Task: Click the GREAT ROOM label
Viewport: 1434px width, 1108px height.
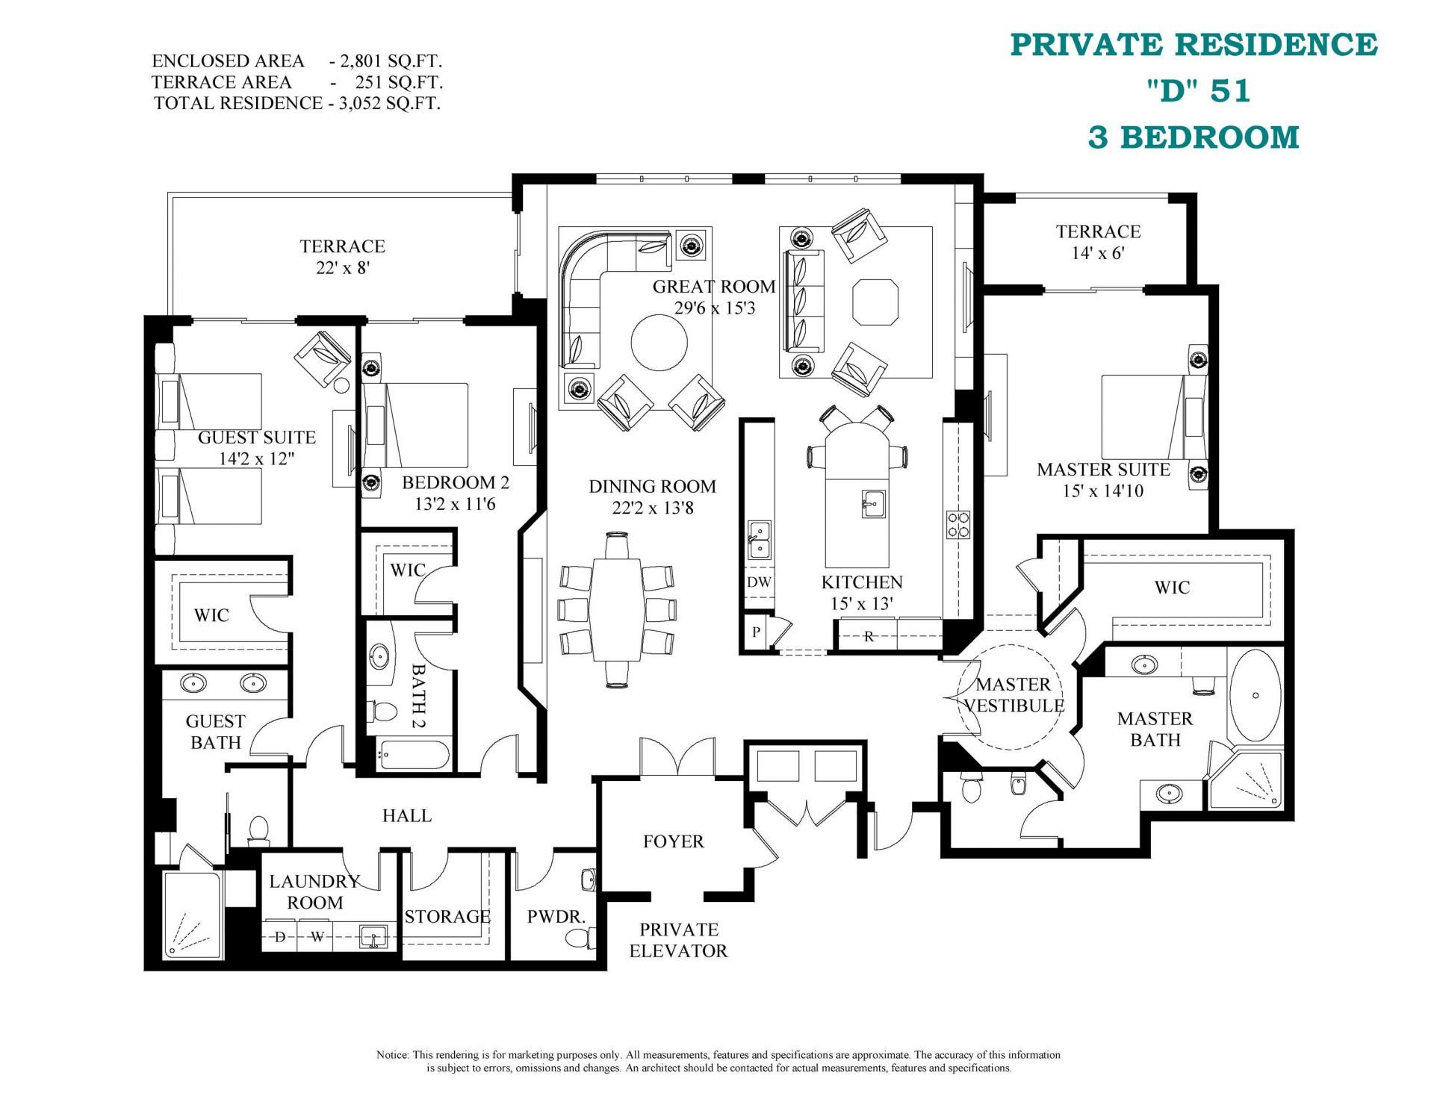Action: pyautogui.click(x=713, y=287)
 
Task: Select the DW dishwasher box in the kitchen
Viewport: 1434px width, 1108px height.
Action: pyautogui.click(x=759, y=582)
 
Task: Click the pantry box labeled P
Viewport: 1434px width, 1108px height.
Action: pyautogui.click(x=757, y=632)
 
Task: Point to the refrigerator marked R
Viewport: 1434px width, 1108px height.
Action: pyautogui.click(x=868, y=636)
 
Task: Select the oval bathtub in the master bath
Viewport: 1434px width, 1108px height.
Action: pyautogui.click(x=1255, y=695)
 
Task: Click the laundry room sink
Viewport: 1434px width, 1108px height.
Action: pyautogui.click(x=372, y=936)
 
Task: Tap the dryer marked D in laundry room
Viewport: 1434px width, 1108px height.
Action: pyautogui.click(x=280, y=936)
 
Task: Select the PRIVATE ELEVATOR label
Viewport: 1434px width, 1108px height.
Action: pyautogui.click(x=678, y=940)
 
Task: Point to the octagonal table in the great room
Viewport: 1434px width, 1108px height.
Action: pyautogui.click(x=875, y=302)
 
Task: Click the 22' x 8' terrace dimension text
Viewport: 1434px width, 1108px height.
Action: pyautogui.click(x=343, y=268)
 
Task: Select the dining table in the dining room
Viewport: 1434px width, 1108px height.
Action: pyautogui.click(x=618, y=609)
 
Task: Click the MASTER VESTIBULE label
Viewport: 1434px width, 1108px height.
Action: pyautogui.click(x=1014, y=695)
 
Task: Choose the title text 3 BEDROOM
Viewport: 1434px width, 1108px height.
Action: pyautogui.click(x=1193, y=137)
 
